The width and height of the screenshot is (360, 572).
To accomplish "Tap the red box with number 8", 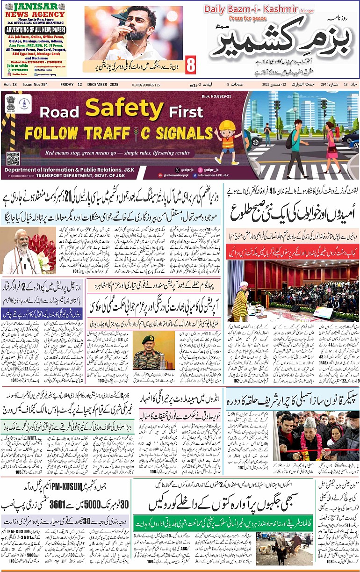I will click(190, 65).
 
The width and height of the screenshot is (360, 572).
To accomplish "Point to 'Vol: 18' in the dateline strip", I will click(10, 84).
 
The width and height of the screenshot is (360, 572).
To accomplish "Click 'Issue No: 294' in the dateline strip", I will click(36, 84).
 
